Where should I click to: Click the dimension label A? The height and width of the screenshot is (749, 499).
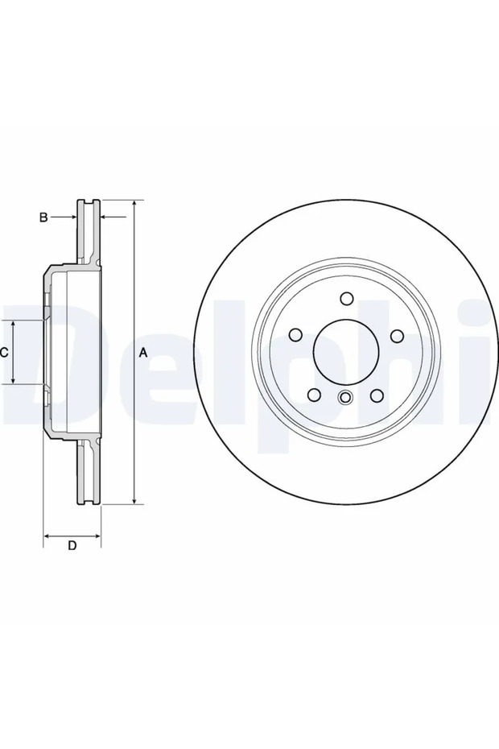pyautogui.click(x=142, y=353)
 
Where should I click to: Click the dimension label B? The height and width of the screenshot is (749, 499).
pyautogui.click(x=43, y=217)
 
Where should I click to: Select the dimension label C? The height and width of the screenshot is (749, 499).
pyautogui.click(x=3, y=353)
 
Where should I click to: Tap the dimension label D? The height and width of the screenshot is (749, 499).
pyautogui.click(x=72, y=545)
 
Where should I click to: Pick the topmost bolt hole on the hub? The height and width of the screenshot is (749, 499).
pyautogui.click(x=347, y=299)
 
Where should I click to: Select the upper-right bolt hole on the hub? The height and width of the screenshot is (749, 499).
pyautogui.click(x=398, y=336)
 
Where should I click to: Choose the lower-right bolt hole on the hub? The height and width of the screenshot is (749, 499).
pyautogui.click(x=377, y=395)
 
